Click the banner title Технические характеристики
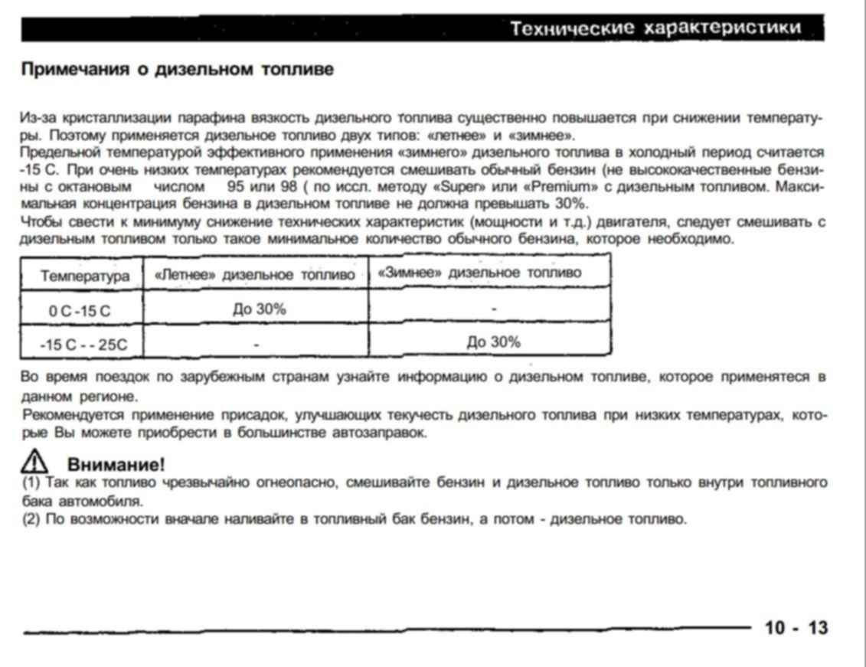tap(656, 28)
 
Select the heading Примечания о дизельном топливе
tap(177, 70)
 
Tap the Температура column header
tap(85, 276)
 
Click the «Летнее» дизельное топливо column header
tap(256, 274)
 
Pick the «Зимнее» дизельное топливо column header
tap(479, 273)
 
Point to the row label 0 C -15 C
tap(80, 312)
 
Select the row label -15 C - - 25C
tap(83, 345)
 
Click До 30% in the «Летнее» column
tap(260, 309)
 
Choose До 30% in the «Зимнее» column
tap(494, 342)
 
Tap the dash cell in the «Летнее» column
tap(257, 345)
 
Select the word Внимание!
tap(116, 464)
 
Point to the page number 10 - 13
tap(796, 628)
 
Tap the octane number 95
tap(240, 186)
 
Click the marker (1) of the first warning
tap(31, 483)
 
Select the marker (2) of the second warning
tap(31, 519)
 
